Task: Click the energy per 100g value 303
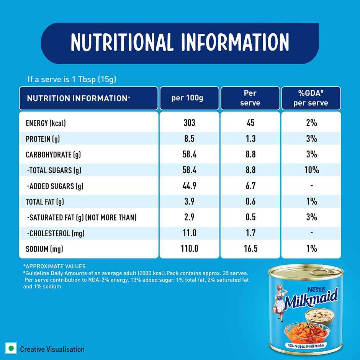[189, 123]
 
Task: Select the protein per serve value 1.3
[251, 138]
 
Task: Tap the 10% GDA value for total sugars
[311, 170]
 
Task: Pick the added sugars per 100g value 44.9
[189, 186]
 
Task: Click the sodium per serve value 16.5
[251, 249]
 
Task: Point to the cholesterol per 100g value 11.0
[189, 233]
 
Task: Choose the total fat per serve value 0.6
[251, 201]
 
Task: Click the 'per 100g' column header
[189, 98]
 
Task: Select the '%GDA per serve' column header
[311, 98]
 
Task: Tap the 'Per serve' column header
[251, 98]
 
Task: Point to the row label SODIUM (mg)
[44, 249]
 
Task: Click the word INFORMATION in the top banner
[235, 42]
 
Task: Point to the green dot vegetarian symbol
[11, 349]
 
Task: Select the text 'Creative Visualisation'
[52, 349]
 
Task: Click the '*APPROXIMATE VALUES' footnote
[54, 266]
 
